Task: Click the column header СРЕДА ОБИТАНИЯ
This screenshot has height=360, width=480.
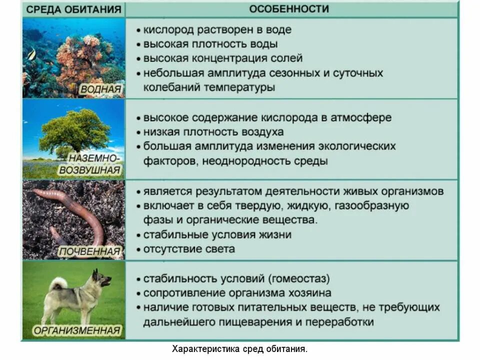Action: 73,9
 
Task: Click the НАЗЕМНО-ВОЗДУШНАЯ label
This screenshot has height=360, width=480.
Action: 90,164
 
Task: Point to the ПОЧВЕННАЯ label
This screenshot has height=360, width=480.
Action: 90,251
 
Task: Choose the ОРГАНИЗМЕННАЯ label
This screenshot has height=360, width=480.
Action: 77,330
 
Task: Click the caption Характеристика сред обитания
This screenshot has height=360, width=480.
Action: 239,349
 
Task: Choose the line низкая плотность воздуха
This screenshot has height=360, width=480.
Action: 213,132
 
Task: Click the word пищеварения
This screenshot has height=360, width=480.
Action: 259,321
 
